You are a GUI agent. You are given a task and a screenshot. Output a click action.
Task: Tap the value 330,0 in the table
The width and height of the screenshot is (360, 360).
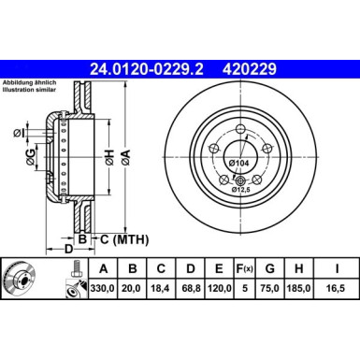(99, 291)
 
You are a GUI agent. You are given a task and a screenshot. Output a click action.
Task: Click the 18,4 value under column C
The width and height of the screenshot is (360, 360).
(162, 291)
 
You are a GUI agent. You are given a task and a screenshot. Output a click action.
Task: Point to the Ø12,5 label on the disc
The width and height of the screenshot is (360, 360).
(241, 191)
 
